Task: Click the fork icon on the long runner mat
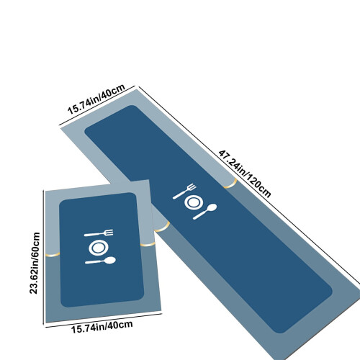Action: point(184,192)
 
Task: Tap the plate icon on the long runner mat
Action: point(194,202)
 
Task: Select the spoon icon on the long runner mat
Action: point(204,212)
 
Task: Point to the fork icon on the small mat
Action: point(99,233)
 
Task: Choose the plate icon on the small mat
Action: point(99,248)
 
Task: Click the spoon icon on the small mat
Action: point(100,261)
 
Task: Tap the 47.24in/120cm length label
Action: point(245,174)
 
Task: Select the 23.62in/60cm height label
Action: point(35,263)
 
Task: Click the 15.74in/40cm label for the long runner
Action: point(96,99)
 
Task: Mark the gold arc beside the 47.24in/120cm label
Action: point(230,184)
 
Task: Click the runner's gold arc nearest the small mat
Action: point(162,228)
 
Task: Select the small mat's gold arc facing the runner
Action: point(148,245)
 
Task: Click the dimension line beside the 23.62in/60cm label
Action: point(43,257)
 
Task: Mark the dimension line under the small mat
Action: point(104,320)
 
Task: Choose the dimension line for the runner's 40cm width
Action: point(97,105)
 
